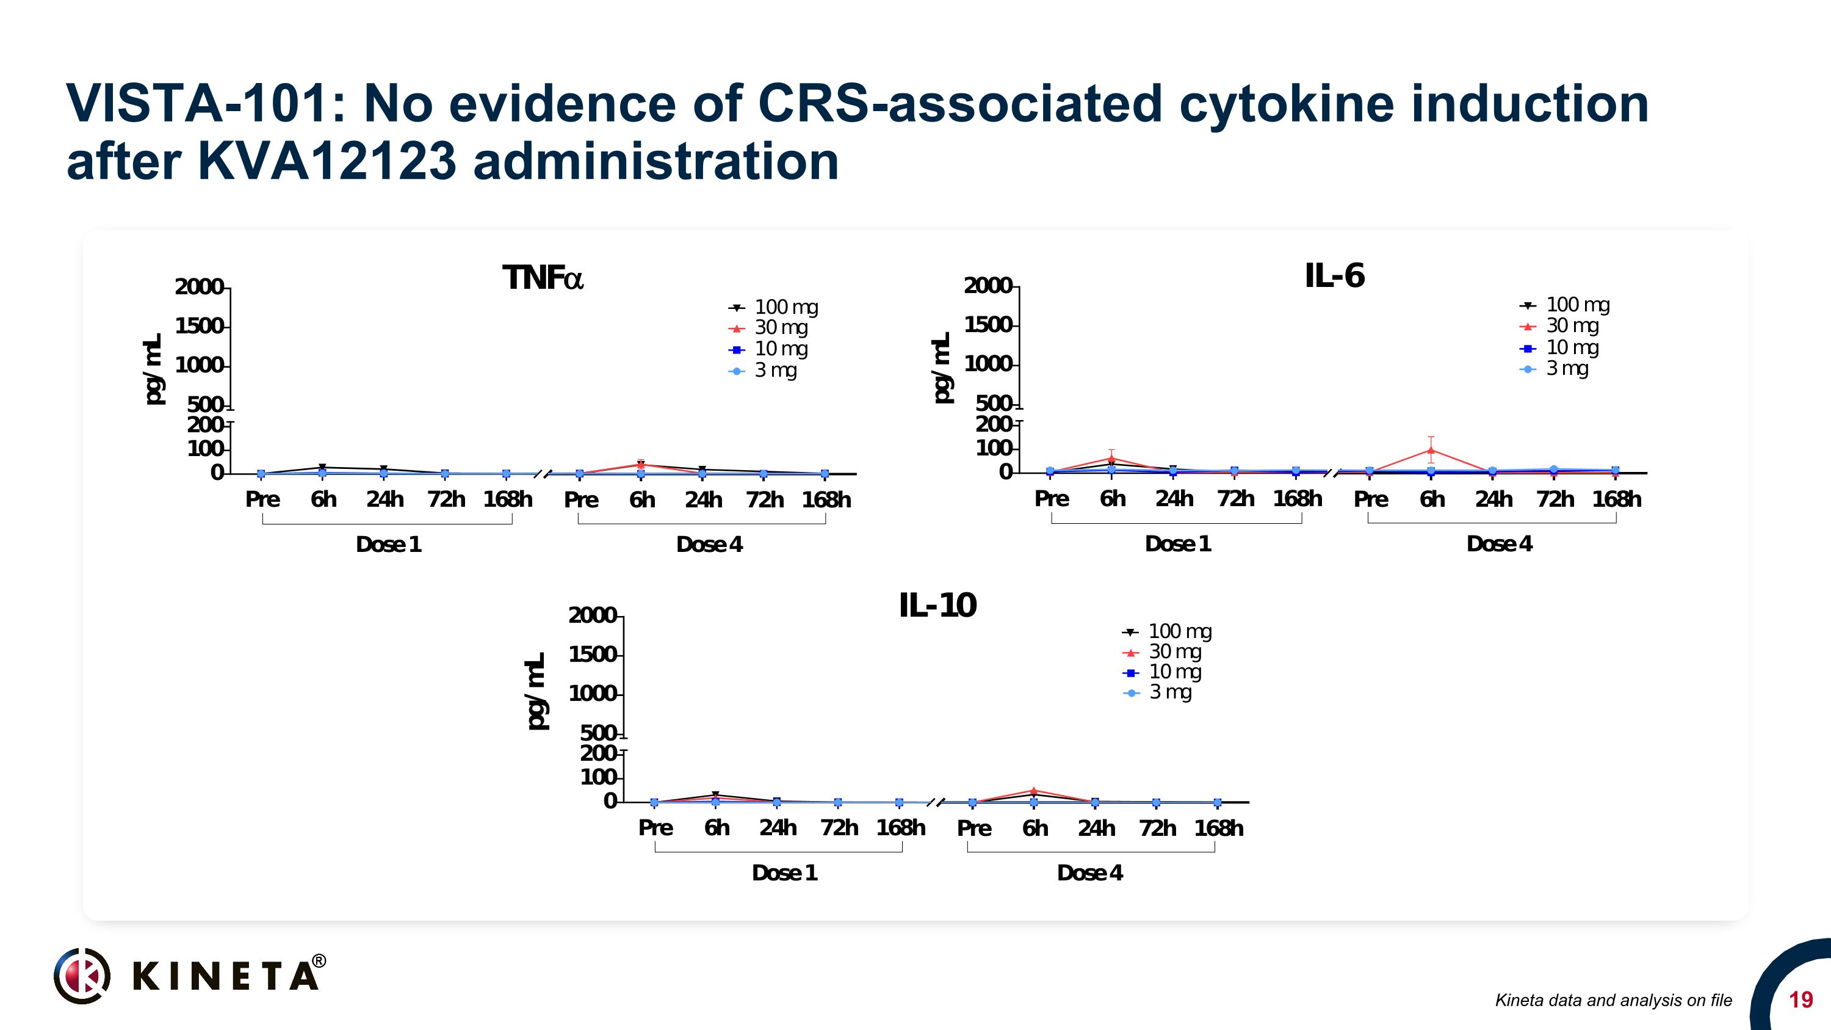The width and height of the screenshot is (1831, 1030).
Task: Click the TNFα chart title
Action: coord(543,278)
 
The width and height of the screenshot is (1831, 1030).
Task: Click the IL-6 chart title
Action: coord(1334,276)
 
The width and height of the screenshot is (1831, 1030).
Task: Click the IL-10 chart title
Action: coord(937,606)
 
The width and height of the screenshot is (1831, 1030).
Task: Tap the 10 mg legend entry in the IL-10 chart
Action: coord(1162,672)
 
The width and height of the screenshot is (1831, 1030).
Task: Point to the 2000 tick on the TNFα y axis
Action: coord(199,287)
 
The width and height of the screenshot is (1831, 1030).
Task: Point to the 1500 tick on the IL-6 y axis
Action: coord(988,325)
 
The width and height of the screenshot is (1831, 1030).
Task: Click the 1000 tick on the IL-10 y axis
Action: coord(592,694)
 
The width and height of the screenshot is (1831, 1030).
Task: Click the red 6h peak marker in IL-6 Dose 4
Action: coord(1430,450)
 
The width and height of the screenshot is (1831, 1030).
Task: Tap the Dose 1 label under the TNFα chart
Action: coord(388,545)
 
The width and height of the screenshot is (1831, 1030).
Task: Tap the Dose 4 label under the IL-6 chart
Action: coord(1499,544)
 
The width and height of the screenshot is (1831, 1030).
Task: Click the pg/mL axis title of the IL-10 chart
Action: coord(536,691)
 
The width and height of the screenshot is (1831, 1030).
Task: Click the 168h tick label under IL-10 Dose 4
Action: coord(1218,828)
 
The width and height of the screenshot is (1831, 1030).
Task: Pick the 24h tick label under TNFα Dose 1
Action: coord(385,499)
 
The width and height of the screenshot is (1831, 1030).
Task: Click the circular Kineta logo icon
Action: coord(82,975)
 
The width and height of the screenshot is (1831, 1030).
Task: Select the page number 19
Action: coord(1800,1000)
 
